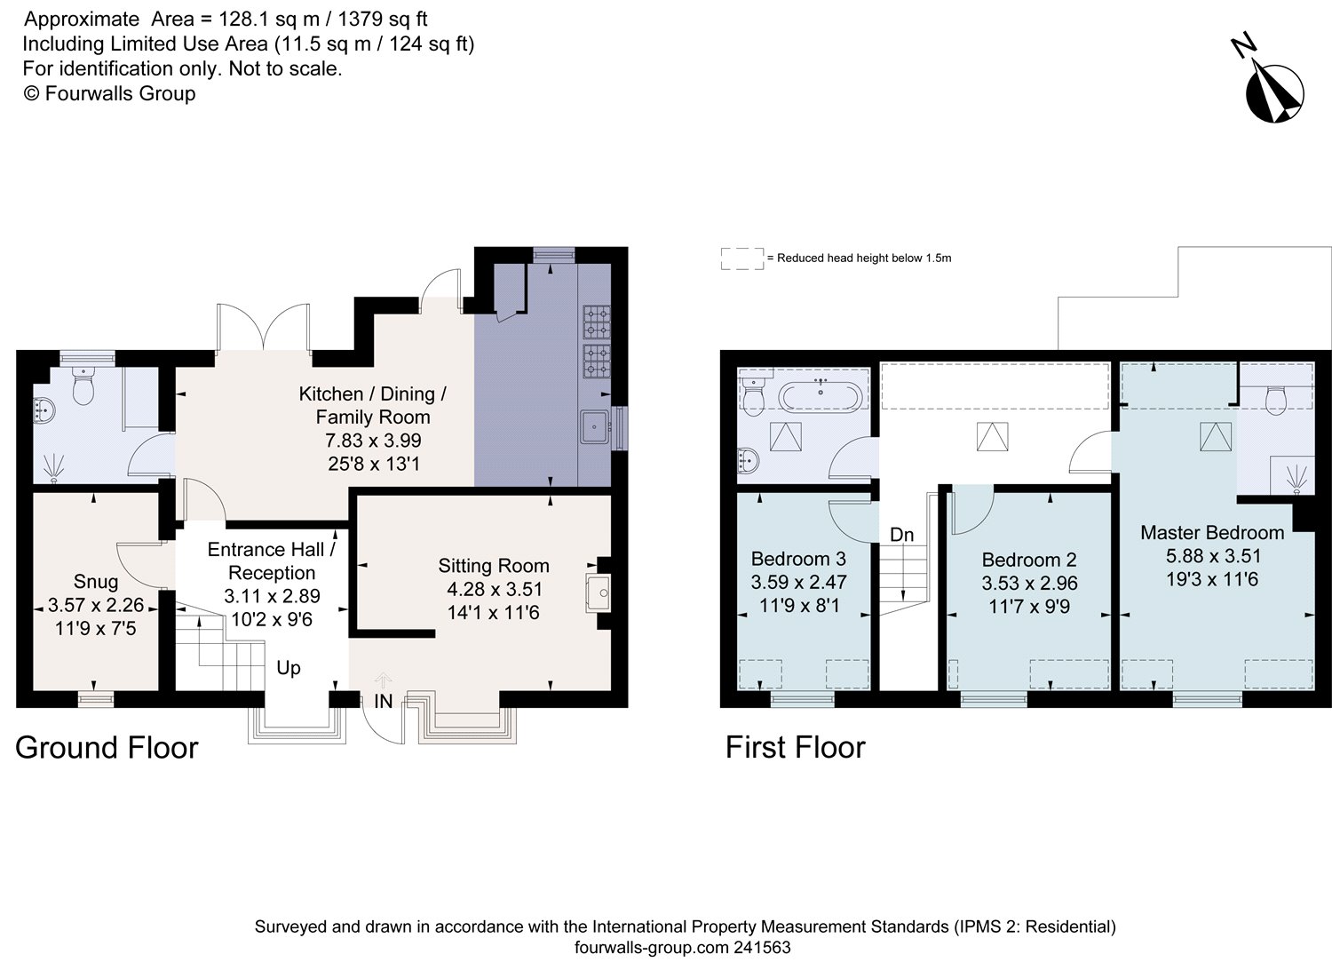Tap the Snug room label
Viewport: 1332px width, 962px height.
[x=96, y=581]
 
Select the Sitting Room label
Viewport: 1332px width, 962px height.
[x=494, y=566]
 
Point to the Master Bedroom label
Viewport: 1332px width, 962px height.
[x=1212, y=532]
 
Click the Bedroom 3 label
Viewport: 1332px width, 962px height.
[x=798, y=559]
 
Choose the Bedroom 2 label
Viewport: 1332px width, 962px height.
[x=1029, y=560]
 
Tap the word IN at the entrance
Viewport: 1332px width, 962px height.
[x=383, y=702]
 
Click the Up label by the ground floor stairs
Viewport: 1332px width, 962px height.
[x=289, y=668]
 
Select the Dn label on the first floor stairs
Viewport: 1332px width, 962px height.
[x=901, y=535]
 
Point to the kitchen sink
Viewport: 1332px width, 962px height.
[x=595, y=426]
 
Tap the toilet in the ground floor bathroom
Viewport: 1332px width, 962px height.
[x=83, y=386]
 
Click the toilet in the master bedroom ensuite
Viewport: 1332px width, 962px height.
[x=1276, y=400]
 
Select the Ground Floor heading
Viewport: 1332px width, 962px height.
[x=107, y=748]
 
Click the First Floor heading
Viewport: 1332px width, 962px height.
[x=795, y=747]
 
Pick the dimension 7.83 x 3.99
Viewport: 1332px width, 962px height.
[x=373, y=441]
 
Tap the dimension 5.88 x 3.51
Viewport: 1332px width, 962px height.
[x=1213, y=556]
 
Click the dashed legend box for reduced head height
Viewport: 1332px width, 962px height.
[x=742, y=258]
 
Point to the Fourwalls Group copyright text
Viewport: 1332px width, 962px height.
[x=109, y=93]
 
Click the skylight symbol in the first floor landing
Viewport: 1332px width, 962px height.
[x=993, y=436]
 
